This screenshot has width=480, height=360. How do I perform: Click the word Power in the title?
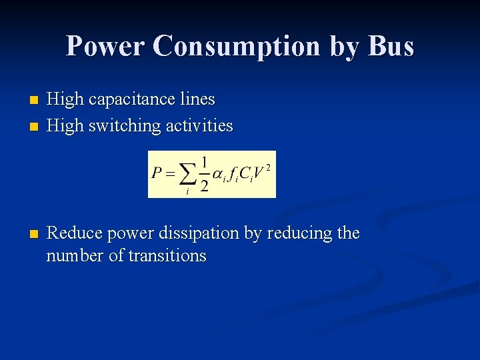pyautogui.click(x=105, y=46)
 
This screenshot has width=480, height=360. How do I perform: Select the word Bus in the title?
pyautogui.click(x=390, y=46)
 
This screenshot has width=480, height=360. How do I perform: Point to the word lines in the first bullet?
pyautogui.click(x=198, y=99)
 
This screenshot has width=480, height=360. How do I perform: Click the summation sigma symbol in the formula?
pyautogui.click(x=189, y=174)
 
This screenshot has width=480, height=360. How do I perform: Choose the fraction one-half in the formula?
pyautogui.click(x=204, y=173)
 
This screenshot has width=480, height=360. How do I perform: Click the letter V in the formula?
pyautogui.click(x=259, y=173)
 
